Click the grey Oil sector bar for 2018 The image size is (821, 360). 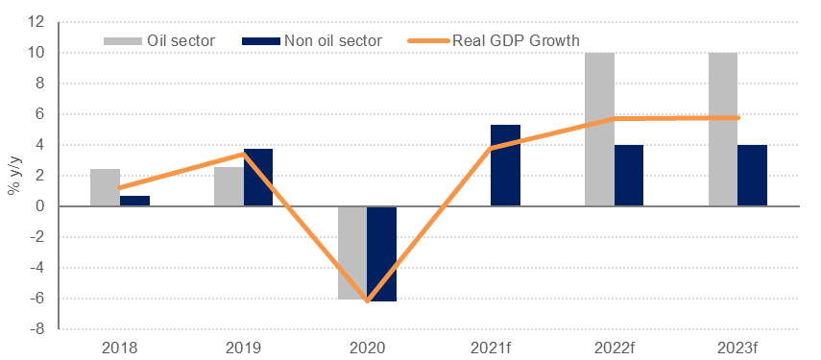point(105,188)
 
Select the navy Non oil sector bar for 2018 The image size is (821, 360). point(134,201)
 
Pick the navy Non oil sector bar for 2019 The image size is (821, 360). point(258,178)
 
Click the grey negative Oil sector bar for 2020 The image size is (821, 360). point(352,252)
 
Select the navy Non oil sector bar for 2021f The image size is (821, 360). point(505,166)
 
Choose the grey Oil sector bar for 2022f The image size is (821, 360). point(599,130)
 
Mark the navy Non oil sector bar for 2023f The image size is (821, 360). point(752,176)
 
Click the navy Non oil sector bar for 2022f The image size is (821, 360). point(629,176)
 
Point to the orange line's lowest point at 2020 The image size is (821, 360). point(368,300)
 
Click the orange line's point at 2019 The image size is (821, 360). point(244,154)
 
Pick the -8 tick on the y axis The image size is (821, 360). point(38,329)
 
